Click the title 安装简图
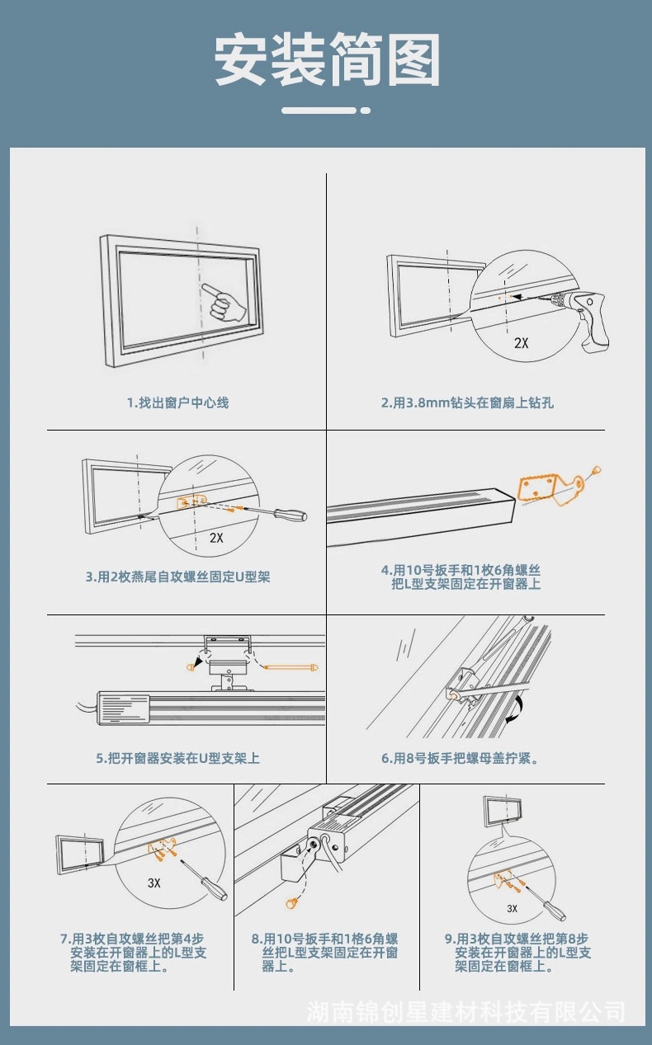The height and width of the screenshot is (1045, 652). pos(327,61)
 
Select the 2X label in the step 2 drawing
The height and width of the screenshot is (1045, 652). pos(521,343)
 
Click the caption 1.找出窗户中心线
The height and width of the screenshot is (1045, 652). pos(177,402)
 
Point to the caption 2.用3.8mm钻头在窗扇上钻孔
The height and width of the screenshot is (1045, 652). pos(466,402)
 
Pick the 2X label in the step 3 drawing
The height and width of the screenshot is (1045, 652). pos(216,538)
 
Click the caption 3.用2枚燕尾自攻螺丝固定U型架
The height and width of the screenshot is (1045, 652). pos(177,577)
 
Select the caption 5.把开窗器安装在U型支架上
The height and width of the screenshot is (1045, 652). pos(177,757)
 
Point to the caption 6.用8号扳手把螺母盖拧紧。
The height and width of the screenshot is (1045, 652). pos(460,757)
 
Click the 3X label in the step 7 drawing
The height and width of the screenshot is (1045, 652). pos(154,883)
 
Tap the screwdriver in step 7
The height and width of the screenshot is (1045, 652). pos(210,882)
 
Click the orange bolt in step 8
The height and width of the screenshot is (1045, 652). pos(291,903)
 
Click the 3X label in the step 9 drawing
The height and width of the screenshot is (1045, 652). pos(512,908)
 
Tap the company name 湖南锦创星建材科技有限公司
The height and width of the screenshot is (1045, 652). pos(465,1011)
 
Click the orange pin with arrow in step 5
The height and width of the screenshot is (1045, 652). pos(289,664)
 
